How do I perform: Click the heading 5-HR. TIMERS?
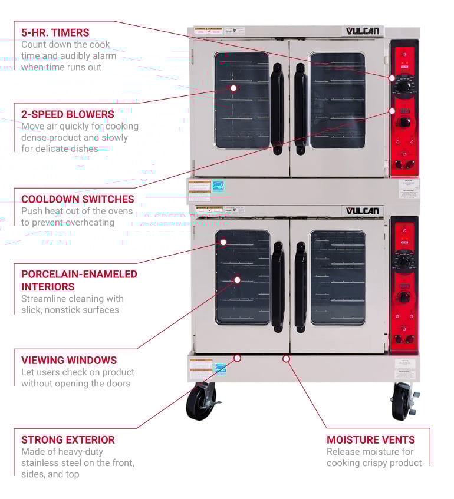coord(55,33)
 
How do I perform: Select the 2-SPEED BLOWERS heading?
coord(68,114)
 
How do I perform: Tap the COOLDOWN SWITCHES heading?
coord(78,199)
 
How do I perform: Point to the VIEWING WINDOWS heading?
coord(69,360)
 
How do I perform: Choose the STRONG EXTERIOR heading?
coord(68,439)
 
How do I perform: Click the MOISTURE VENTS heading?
coord(371,439)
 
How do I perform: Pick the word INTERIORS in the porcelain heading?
coord(48,286)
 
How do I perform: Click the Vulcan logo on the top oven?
coord(363,31)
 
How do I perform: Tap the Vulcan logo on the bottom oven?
coord(363,211)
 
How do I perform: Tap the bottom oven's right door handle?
coord(300,287)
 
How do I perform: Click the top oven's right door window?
coord(338,100)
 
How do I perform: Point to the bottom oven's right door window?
coord(338,277)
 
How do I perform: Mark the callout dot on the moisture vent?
coord(286,358)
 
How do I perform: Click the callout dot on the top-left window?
coord(233,88)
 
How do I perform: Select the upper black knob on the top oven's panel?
coord(404,87)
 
